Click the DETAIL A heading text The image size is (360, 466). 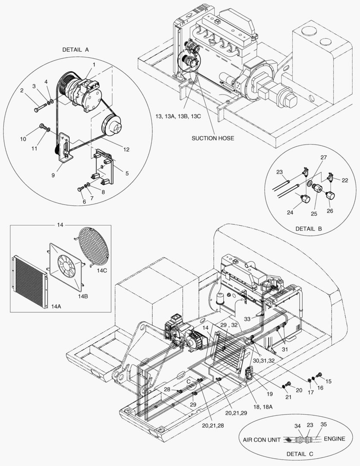coord(75,50)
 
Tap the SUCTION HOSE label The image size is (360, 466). coord(213,138)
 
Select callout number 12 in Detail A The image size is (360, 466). coord(125,150)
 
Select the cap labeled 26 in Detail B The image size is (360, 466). coord(331,195)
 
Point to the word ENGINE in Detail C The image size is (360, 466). coord(335,439)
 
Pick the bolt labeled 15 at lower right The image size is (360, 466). coord(319,374)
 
